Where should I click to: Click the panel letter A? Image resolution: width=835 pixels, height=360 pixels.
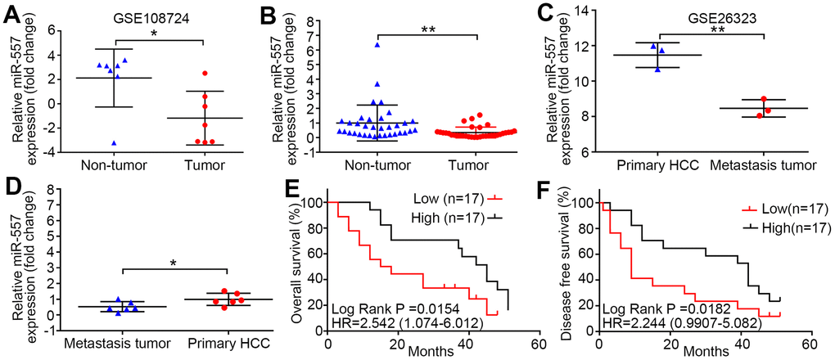point(12,14)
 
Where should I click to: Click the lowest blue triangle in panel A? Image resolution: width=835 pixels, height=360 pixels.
point(114,143)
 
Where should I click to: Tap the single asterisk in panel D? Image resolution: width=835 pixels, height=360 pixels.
point(174,263)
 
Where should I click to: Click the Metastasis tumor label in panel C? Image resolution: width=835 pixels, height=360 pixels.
point(763,164)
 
